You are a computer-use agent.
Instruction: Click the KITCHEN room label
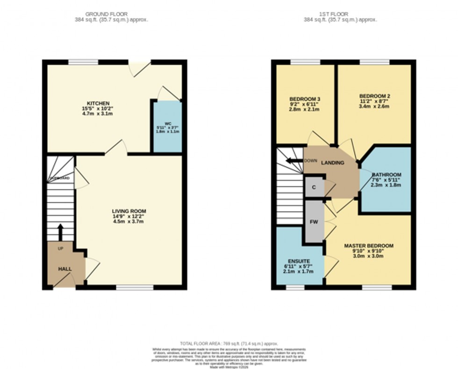pos(98,103)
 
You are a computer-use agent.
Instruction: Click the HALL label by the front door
pos(64,270)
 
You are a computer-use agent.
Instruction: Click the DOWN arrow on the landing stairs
pos(294,161)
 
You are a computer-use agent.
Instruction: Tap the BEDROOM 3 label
pos(305,99)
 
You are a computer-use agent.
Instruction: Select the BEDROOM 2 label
pos(375,96)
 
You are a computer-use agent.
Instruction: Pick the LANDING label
pos(332,163)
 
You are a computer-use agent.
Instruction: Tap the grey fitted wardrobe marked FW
pos(314,221)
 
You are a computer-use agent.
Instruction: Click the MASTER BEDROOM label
pos(369,246)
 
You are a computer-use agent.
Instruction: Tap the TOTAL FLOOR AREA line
pos(229,343)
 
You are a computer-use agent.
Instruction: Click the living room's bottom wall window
pos(135,287)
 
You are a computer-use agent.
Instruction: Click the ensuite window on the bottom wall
pos(295,287)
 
